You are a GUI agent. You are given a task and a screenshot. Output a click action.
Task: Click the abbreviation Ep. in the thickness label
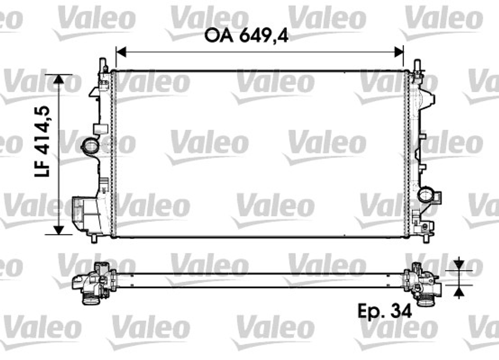[371, 311]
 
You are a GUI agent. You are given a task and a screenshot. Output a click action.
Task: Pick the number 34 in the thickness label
[401, 311]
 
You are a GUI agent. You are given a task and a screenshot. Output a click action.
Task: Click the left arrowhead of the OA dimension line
[120, 51]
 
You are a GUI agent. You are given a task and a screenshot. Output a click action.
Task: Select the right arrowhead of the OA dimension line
[399, 51]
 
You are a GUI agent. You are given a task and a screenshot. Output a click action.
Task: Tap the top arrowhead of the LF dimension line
[59, 79]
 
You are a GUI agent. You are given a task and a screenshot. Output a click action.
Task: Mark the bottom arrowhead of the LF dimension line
[59, 229]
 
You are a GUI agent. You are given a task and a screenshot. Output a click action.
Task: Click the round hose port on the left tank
[90, 146]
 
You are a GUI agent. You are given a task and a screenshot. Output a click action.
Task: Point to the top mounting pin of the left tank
[103, 64]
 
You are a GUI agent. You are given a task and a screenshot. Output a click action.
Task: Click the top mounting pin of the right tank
[417, 65]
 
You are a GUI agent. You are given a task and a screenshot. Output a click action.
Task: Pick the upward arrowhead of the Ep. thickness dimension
[459, 292]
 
